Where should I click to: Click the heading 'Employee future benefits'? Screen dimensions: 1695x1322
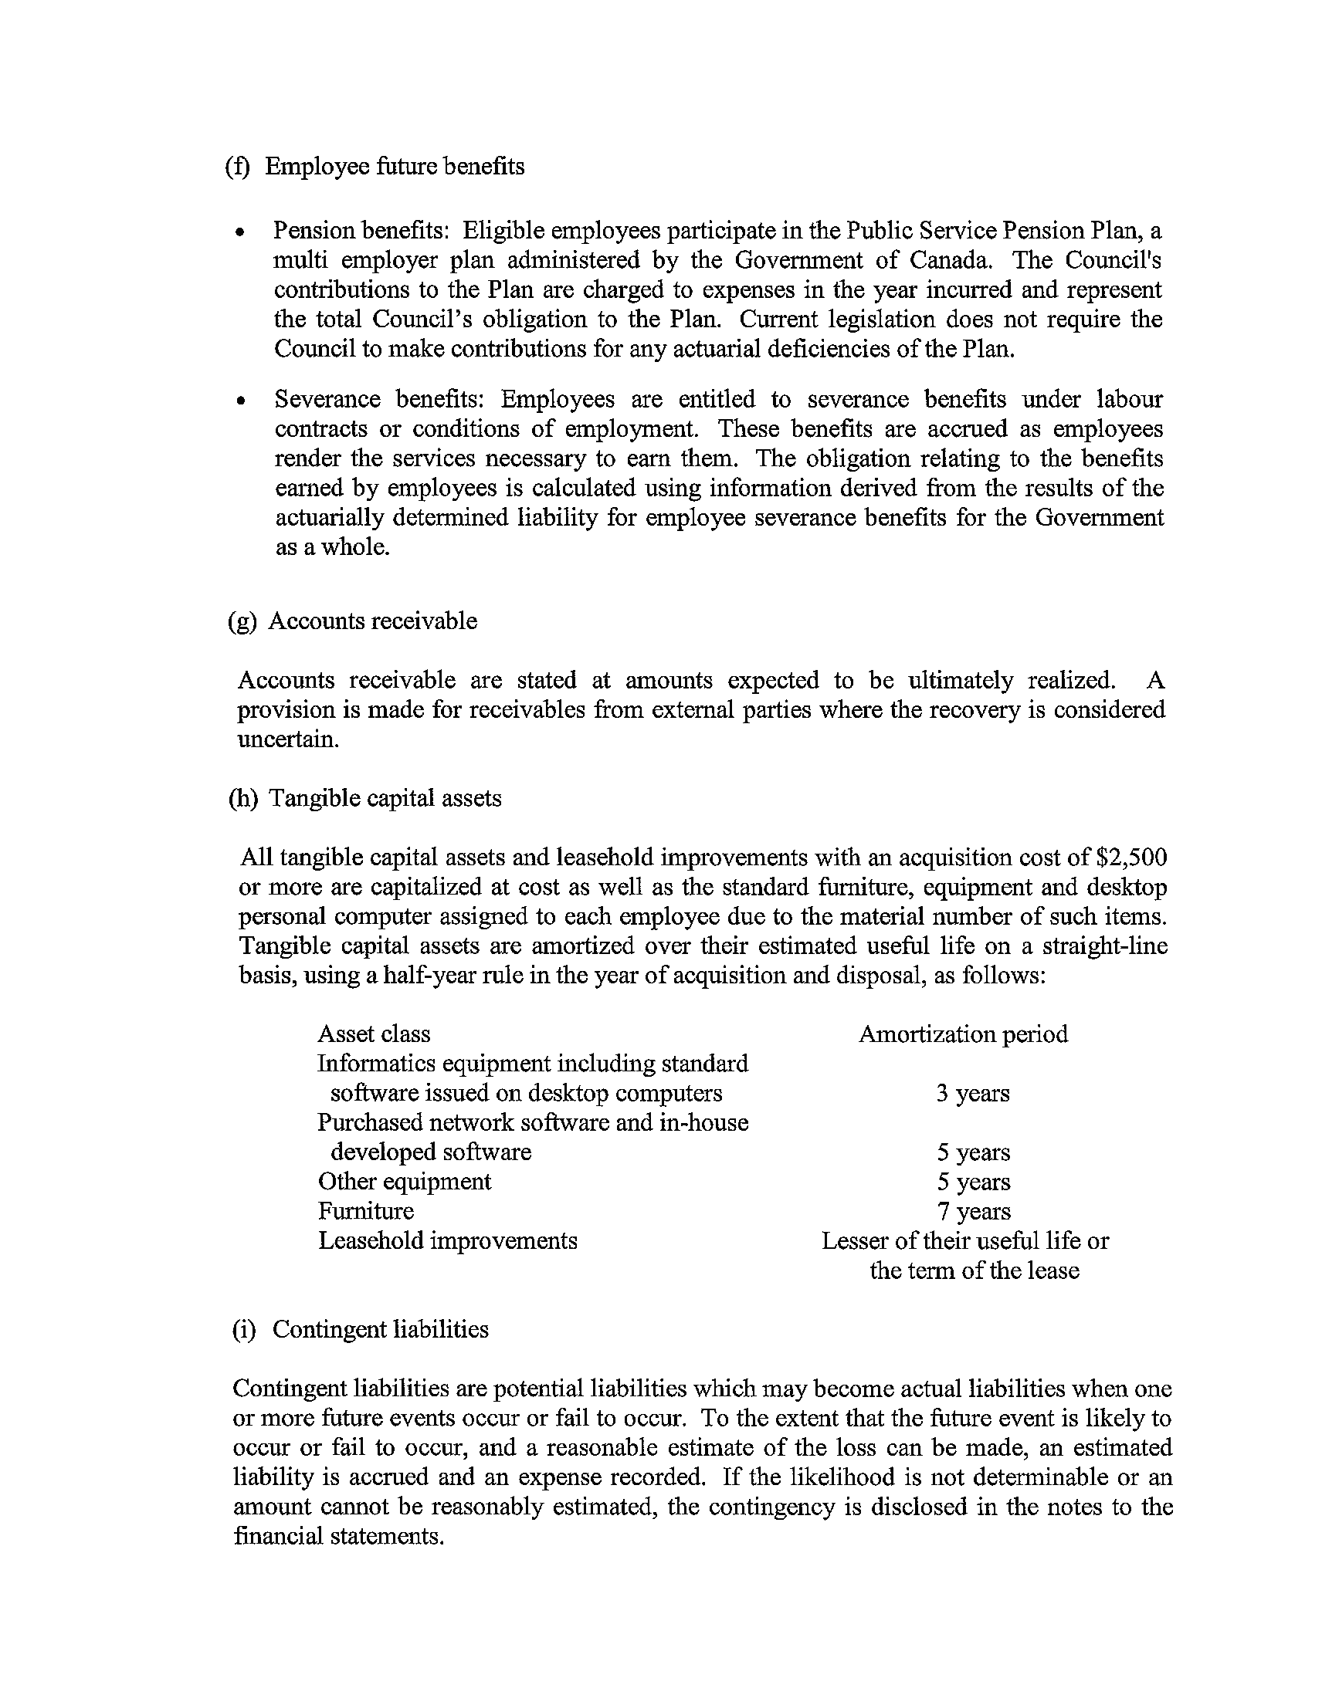[395, 167]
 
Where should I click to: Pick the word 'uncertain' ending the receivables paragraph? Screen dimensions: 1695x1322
[287, 739]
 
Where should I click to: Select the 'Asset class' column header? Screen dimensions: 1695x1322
[374, 1034]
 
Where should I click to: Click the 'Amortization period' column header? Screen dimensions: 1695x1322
[963, 1034]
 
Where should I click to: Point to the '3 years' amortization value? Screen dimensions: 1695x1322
[973, 1094]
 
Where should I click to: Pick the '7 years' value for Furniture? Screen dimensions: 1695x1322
[974, 1212]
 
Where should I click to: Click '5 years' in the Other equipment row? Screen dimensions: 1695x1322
[974, 1182]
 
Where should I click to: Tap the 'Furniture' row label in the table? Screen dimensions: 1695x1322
[365, 1212]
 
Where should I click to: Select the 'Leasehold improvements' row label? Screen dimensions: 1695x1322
[447, 1241]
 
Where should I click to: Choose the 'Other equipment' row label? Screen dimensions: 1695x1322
[405, 1182]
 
